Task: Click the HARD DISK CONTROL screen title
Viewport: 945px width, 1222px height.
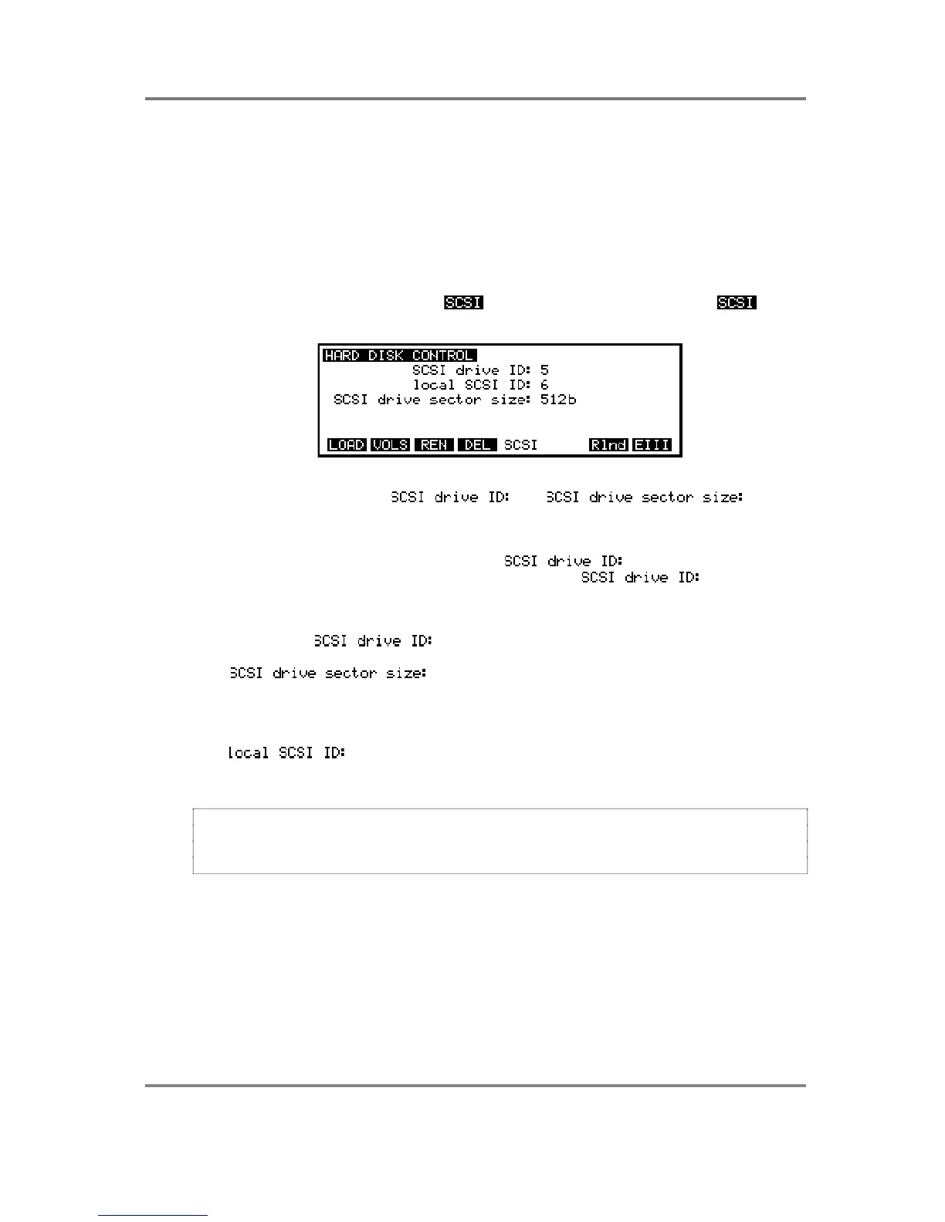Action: click(x=398, y=356)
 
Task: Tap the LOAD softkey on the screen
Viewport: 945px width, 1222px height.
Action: click(x=347, y=445)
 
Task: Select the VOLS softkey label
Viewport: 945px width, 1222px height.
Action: click(x=390, y=445)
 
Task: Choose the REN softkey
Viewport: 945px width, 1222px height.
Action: click(x=433, y=445)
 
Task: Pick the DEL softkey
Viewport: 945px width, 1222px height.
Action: click(x=477, y=445)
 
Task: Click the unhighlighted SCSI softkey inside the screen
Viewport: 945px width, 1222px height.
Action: click(x=520, y=445)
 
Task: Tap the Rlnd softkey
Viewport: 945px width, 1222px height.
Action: click(x=608, y=445)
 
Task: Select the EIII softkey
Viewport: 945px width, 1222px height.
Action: click(x=652, y=445)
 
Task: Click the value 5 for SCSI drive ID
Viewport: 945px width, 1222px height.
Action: click(x=544, y=370)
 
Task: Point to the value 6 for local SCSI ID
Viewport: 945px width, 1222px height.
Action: click(x=544, y=385)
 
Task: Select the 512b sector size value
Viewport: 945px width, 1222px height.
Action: click(x=558, y=400)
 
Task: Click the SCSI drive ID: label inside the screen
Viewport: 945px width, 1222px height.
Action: click(x=471, y=370)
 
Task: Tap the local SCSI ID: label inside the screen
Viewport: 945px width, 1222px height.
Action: click(x=471, y=385)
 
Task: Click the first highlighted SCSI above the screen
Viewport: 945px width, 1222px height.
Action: click(x=463, y=302)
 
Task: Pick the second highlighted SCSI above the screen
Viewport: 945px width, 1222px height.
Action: click(x=737, y=302)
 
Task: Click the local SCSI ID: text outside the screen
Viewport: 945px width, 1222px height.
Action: click(x=286, y=752)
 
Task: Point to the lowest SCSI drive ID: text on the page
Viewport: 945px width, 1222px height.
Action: click(x=373, y=641)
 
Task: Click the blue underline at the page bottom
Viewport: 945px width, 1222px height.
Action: click(x=153, y=1215)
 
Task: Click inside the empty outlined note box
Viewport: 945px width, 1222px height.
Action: click(x=500, y=841)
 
